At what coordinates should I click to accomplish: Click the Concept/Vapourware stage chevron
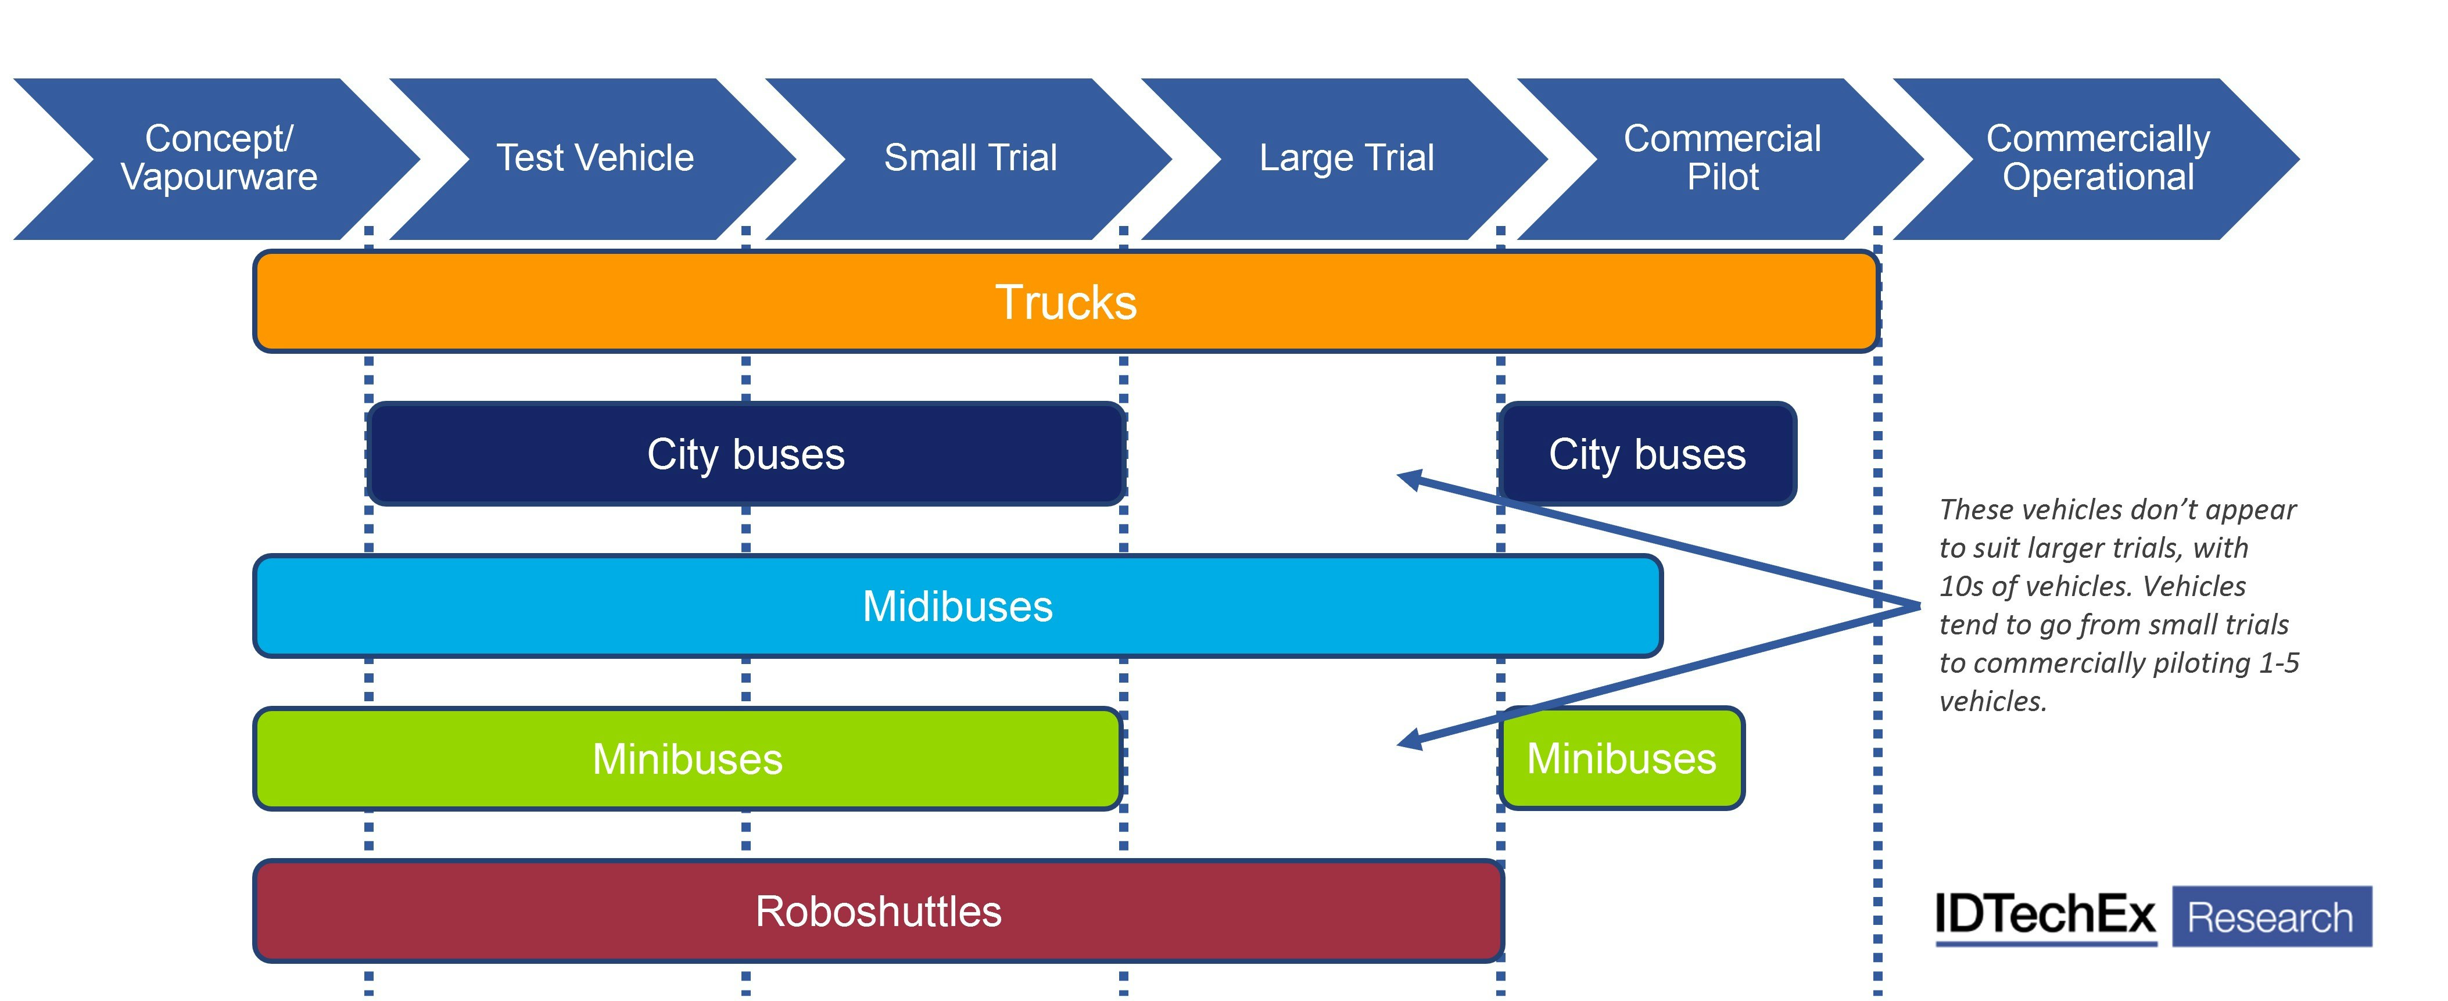click(x=218, y=159)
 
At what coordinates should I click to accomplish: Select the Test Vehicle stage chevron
click(x=595, y=159)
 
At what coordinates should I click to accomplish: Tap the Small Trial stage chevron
click(x=970, y=159)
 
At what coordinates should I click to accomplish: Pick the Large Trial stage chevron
click(x=1346, y=159)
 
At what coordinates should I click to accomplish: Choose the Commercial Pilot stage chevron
click(x=1722, y=159)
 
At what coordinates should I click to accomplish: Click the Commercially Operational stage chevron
click(x=2098, y=159)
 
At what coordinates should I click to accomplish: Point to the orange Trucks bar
click(x=1065, y=302)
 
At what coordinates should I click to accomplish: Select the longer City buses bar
click(x=746, y=454)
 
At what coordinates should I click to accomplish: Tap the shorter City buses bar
click(x=1647, y=454)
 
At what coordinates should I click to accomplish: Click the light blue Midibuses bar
click(x=957, y=606)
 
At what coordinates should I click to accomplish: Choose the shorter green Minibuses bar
click(x=1621, y=759)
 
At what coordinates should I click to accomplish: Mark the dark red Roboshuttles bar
click(x=878, y=911)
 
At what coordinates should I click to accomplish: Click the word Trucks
click(x=1065, y=302)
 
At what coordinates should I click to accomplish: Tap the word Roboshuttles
click(x=878, y=912)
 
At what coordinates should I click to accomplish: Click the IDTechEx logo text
click(x=2045, y=916)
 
